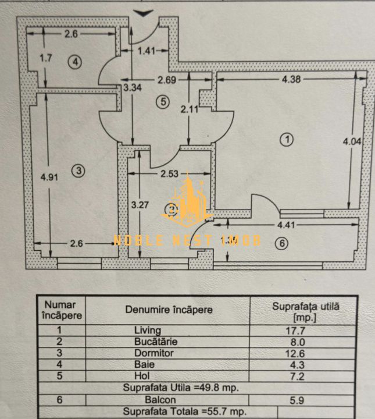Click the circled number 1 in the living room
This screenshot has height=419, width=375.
click(x=286, y=139)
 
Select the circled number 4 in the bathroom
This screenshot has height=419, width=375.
click(x=75, y=62)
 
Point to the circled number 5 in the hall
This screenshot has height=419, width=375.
click(x=163, y=102)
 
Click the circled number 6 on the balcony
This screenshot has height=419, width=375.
click(x=281, y=244)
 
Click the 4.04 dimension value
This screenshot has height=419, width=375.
click(x=355, y=140)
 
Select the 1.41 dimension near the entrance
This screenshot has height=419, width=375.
click(x=147, y=51)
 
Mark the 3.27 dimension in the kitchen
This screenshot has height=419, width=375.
click(x=140, y=205)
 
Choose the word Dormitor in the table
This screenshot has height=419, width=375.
click(x=153, y=353)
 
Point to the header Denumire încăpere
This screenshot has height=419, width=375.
click(x=169, y=310)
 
